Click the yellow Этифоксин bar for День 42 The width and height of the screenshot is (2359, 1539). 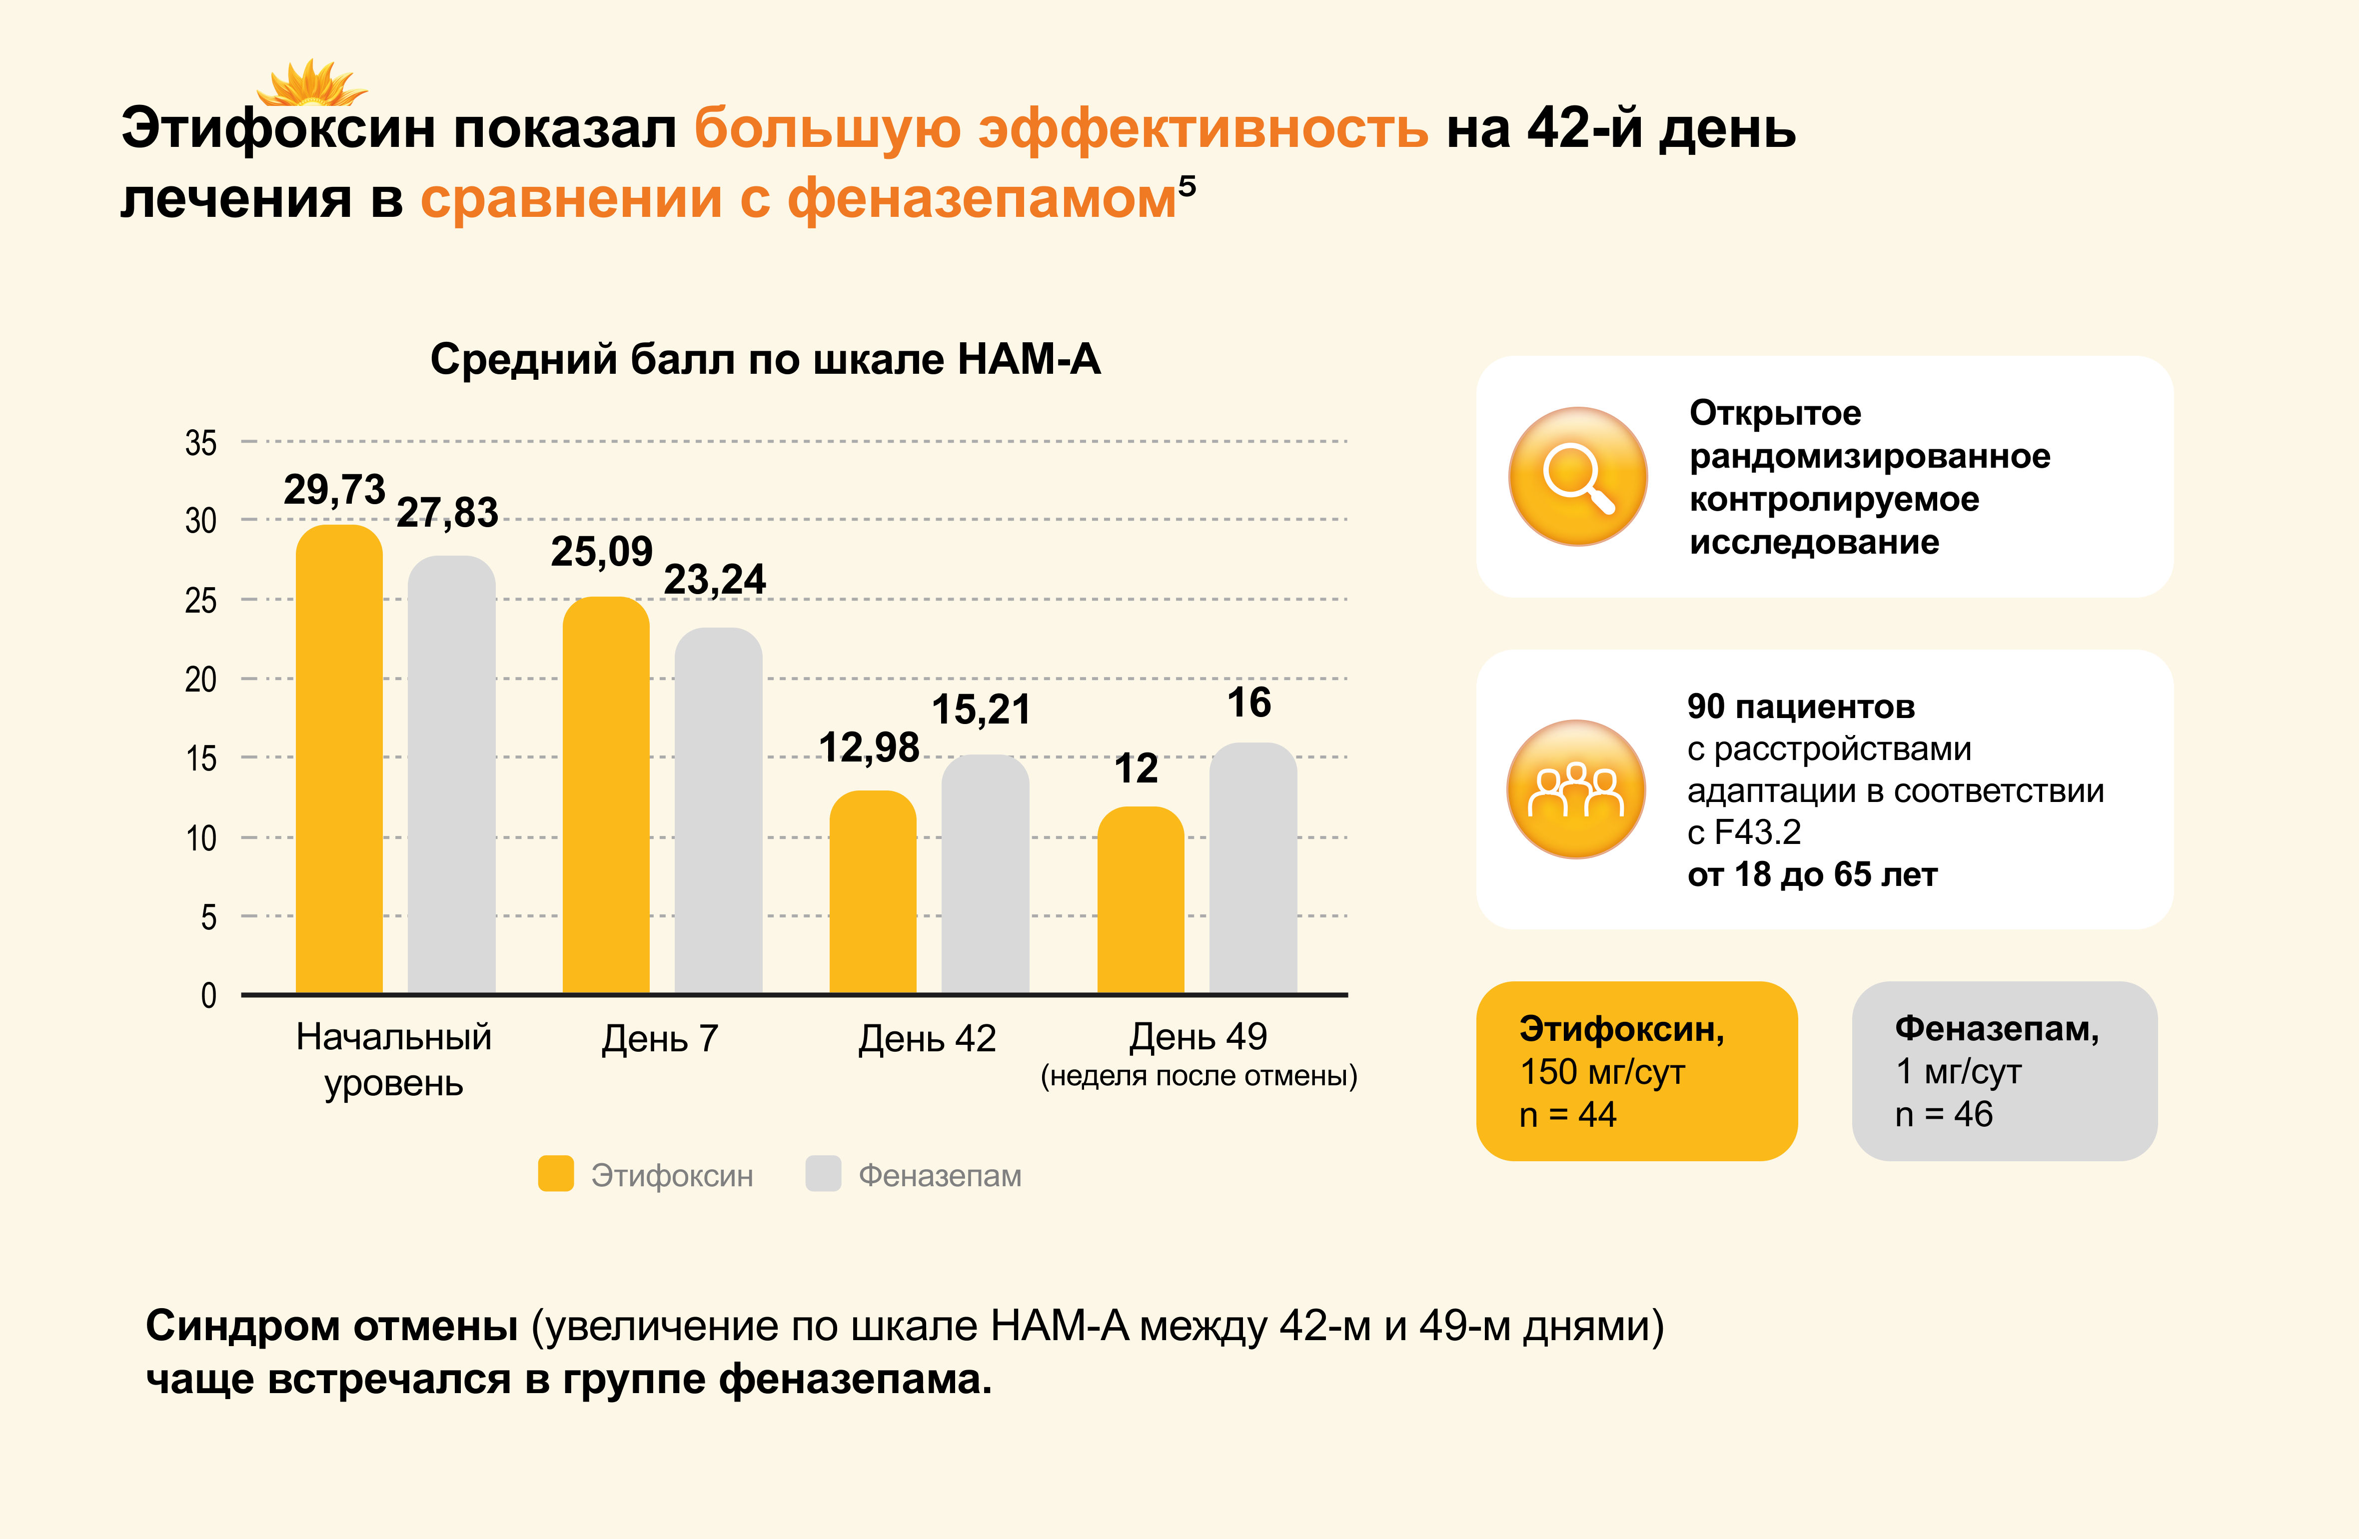pos(872,892)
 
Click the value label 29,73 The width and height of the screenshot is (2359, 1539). pos(334,490)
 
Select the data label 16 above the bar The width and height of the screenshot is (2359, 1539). pos(1249,703)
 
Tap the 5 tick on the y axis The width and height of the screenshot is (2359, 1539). pos(208,917)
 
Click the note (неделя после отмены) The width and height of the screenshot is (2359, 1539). pos(1198,1076)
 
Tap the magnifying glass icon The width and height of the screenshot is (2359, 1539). pos(1578,477)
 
